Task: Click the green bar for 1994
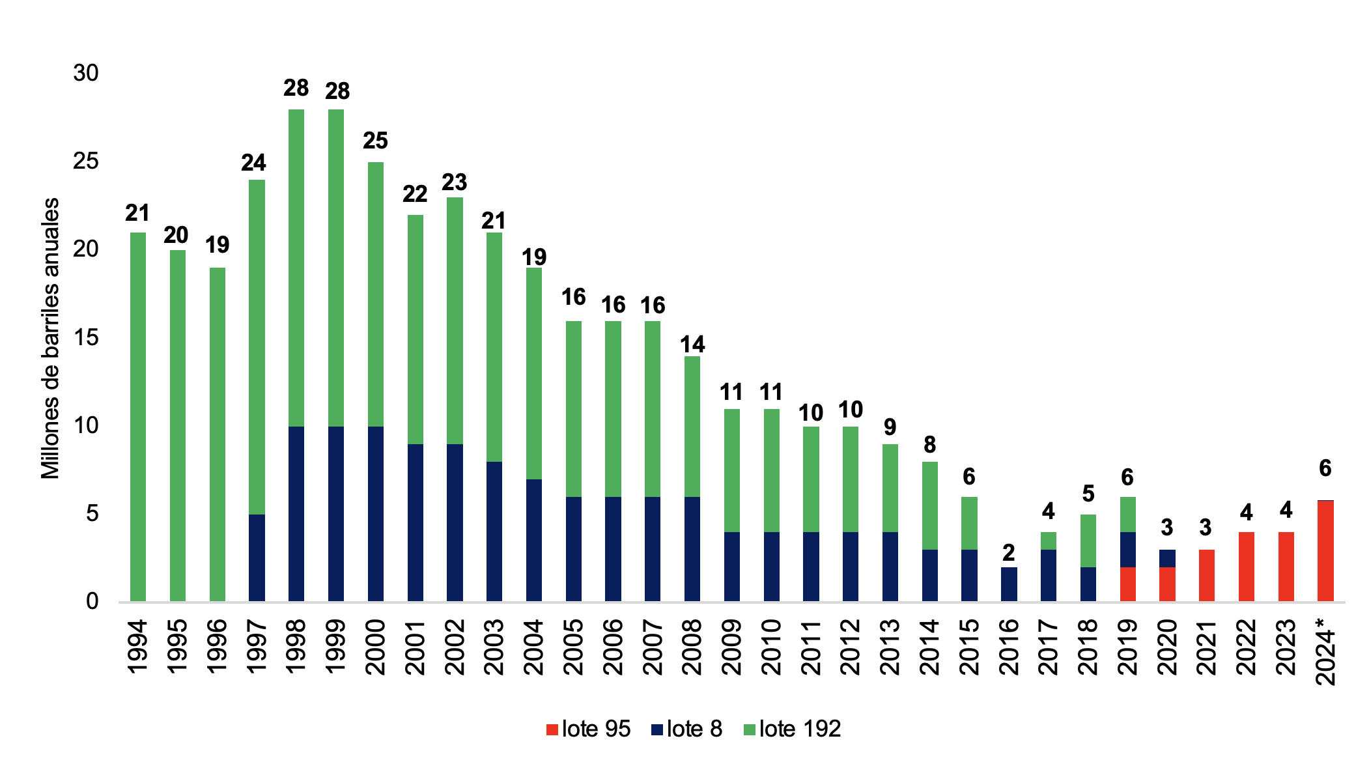[x=138, y=417]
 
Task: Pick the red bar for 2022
[x=1247, y=567]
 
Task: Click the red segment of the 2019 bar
[x=1127, y=584]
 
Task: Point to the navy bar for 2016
[x=1009, y=584]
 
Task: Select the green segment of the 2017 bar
[x=1049, y=541]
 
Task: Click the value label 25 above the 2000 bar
[x=376, y=141]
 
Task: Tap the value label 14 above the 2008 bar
[x=692, y=344]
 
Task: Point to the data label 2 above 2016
[x=1009, y=553]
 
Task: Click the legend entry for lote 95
[x=589, y=729]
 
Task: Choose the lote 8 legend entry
[x=686, y=729]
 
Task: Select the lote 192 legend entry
[x=792, y=729]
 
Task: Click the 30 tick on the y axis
[x=86, y=73]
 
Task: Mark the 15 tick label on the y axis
[x=86, y=337]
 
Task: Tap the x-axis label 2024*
[x=1325, y=651]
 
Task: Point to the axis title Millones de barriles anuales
[x=51, y=339]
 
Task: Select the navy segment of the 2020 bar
[x=1167, y=558]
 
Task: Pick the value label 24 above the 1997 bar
[x=254, y=163]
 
